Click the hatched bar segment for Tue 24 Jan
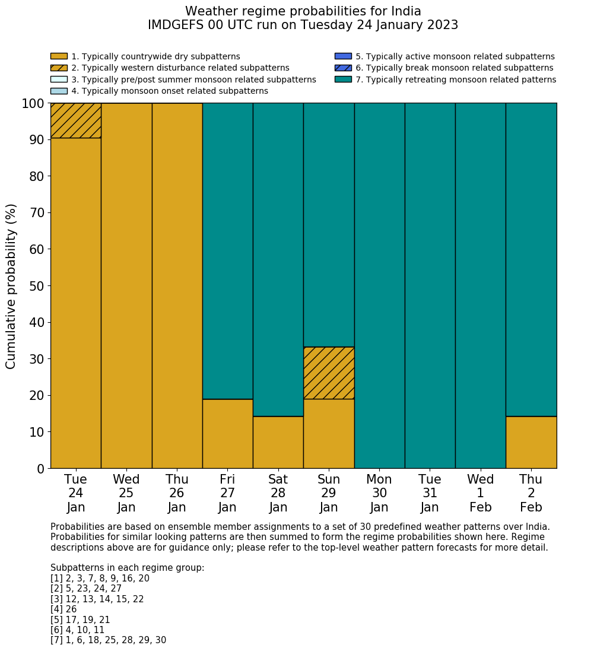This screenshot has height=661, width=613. click(x=75, y=120)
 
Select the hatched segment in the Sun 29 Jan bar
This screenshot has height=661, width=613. click(x=329, y=373)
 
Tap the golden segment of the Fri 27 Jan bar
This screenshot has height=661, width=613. click(x=227, y=433)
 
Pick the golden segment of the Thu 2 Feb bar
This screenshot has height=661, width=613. click(x=531, y=442)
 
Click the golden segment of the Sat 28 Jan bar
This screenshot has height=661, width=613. click(x=278, y=442)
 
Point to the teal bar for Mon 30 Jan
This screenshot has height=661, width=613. click(x=379, y=285)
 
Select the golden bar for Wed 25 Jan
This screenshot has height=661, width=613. click(x=126, y=285)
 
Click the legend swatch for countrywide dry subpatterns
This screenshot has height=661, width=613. click(x=59, y=56)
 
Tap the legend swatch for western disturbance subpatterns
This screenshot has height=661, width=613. click(x=59, y=68)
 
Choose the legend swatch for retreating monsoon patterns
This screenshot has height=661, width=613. click(x=343, y=80)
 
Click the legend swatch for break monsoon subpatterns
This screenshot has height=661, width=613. click(x=343, y=68)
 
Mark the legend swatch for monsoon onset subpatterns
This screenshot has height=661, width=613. click(x=59, y=91)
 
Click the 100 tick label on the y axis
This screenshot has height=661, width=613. click(x=33, y=104)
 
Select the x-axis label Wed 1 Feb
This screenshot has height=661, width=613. click(x=480, y=493)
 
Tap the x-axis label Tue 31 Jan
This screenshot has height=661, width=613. click(x=430, y=493)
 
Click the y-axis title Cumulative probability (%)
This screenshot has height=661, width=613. click(x=11, y=286)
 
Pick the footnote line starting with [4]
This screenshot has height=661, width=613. click(x=63, y=609)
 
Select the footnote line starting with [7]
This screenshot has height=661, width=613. click(x=108, y=640)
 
